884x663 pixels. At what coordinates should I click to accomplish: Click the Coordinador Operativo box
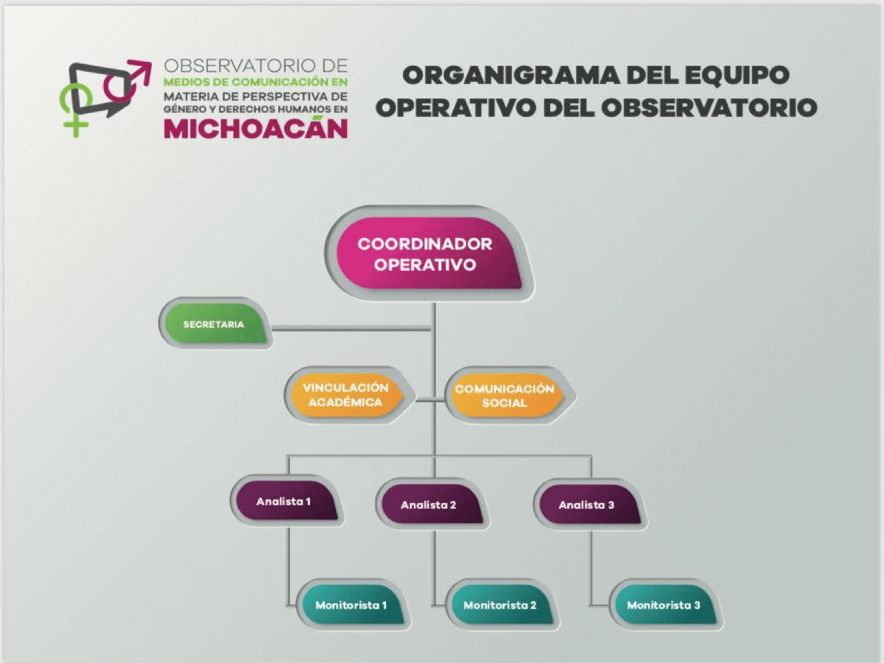click(429, 253)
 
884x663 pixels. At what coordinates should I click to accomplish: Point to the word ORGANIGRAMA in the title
click(511, 75)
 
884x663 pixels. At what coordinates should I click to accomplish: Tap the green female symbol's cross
click(75, 125)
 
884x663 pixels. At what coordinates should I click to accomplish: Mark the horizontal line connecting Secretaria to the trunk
click(351, 329)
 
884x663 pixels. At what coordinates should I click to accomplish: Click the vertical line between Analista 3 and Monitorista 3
click(591, 568)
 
